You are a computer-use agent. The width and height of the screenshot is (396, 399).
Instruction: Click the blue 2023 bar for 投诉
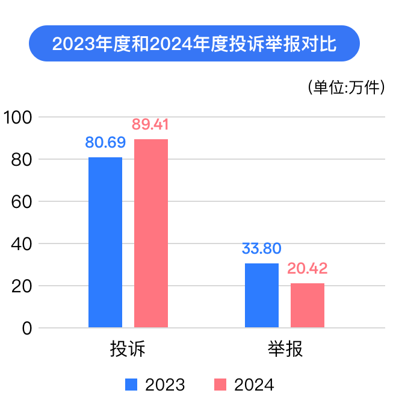(x=105, y=242)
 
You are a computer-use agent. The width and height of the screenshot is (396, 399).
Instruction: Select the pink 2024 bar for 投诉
(x=151, y=233)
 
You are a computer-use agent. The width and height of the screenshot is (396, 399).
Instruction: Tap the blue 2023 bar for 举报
(x=262, y=295)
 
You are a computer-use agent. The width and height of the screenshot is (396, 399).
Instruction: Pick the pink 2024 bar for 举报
(x=308, y=305)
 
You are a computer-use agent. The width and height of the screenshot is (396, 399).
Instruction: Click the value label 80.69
(x=105, y=143)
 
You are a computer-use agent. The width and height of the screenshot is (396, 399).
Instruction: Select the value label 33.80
(x=262, y=248)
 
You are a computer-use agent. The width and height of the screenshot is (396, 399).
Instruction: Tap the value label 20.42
(x=308, y=268)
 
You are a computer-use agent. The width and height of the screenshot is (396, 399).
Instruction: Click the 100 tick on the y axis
(x=18, y=117)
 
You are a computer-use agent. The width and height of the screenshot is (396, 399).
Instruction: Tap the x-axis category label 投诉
(x=128, y=350)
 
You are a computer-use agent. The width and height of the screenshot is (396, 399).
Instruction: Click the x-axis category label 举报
(x=285, y=350)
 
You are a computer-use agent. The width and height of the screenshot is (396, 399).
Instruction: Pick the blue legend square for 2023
(x=131, y=384)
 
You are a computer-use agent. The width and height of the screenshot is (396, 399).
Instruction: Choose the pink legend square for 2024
(x=220, y=384)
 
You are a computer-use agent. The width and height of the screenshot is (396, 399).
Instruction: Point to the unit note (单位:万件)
(x=345, y=87)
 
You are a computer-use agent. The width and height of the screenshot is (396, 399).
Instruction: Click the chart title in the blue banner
(x=194, y=44)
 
